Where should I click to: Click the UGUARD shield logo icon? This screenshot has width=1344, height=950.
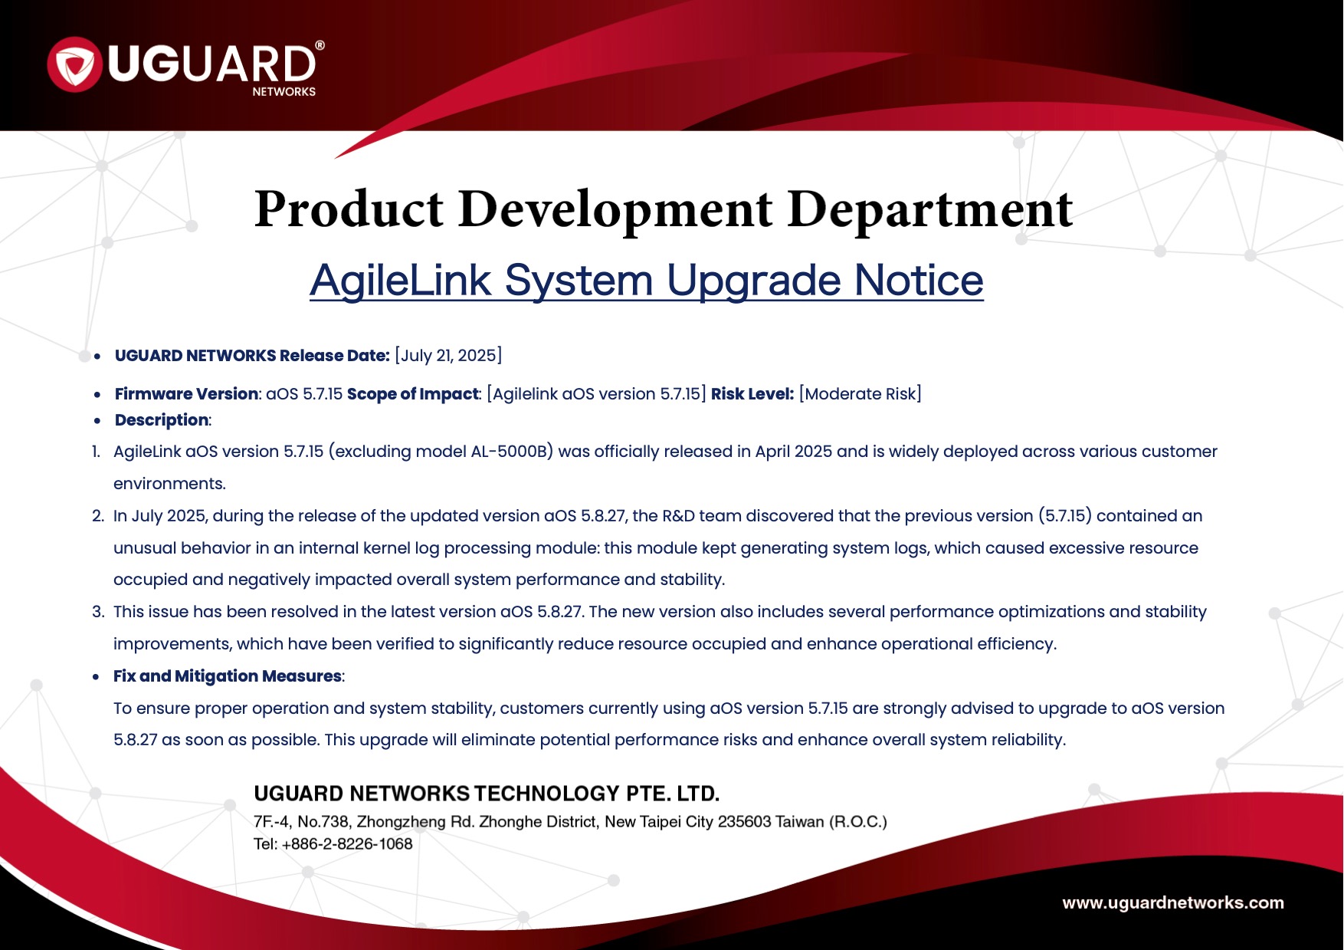tap(74, 64)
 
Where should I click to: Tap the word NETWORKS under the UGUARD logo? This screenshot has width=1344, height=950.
tap(284, 92)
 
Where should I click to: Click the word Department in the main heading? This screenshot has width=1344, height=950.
tap(930, 209)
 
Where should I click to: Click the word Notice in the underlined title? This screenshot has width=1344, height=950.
tap(919, 280)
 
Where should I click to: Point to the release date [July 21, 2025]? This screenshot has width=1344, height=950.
tap(448, 356)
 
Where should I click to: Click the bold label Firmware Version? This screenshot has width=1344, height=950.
tap(186, 394)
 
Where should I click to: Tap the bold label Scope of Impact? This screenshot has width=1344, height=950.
tap(413, 394)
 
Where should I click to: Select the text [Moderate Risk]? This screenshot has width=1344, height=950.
tap(860, 394)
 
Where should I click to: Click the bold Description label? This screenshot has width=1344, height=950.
tap(162, 420)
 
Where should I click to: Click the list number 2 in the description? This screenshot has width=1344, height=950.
tap(97, 516)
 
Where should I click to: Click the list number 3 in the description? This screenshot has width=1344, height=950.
tap(97, 612)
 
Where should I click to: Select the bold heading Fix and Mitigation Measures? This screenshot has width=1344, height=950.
tap(228, 676)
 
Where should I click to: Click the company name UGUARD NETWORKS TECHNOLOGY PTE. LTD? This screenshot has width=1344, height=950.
tap(487, 794)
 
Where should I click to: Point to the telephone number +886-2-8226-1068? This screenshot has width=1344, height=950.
tap(347, 844)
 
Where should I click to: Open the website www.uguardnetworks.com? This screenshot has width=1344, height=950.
tap(1173, 903)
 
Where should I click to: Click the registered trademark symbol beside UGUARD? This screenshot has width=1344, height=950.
tap(320, 45)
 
